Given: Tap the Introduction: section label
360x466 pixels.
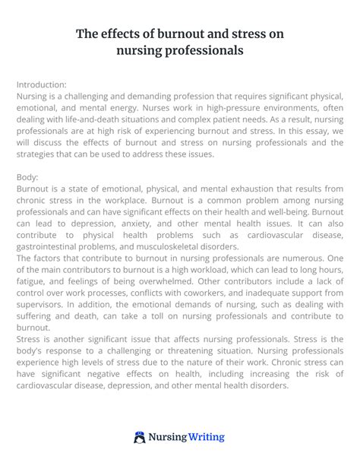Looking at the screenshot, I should [x=41, y=84].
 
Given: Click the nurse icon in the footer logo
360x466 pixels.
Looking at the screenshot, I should [x=140, y=438].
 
